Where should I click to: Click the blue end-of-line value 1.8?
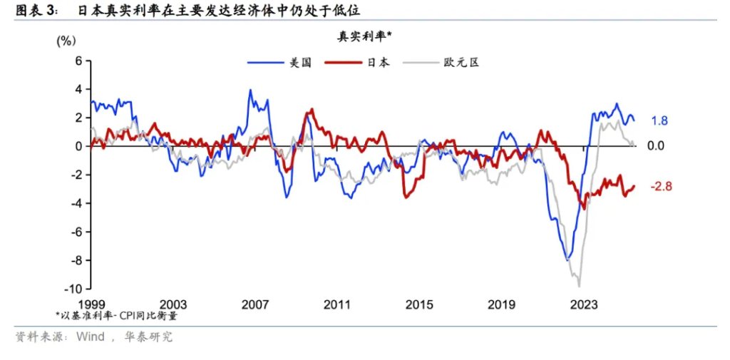659,120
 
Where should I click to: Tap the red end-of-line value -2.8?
661,187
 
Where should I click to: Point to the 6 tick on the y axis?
80,61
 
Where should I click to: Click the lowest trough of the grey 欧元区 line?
578,286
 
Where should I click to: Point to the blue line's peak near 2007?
250,90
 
